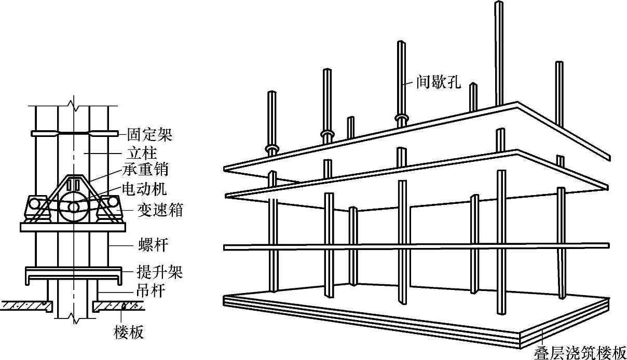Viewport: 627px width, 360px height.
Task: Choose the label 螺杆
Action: coord(142,244)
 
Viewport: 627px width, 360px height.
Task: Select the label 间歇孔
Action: coord(439,82)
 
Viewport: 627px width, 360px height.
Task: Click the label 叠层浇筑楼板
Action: coord(580,353)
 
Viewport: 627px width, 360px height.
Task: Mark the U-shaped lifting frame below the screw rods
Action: coord(75,273)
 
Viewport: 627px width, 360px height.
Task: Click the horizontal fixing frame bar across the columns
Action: coord(75,133)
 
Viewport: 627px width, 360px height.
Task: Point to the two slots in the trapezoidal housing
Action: coord(75,185)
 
